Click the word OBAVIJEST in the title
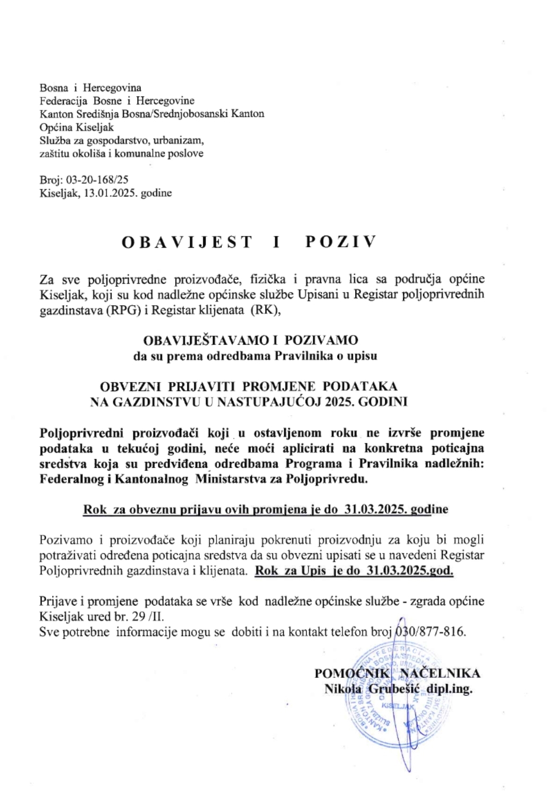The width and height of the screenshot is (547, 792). [x=187, y=242]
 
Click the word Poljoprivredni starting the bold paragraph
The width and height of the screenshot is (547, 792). [x=82, y=433]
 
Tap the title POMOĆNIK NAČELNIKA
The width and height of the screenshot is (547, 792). [x=397, y=673]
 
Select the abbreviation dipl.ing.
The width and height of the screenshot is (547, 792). [x=448, y=689]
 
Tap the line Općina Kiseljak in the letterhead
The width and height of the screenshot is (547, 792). [x=77, y=127]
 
